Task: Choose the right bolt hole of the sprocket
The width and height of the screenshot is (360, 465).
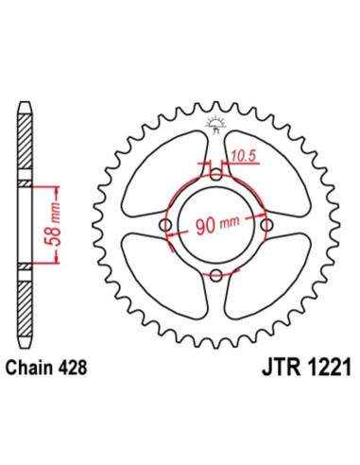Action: (x=266, y=225)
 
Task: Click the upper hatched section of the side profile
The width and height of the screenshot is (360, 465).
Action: (x=26, y=142)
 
